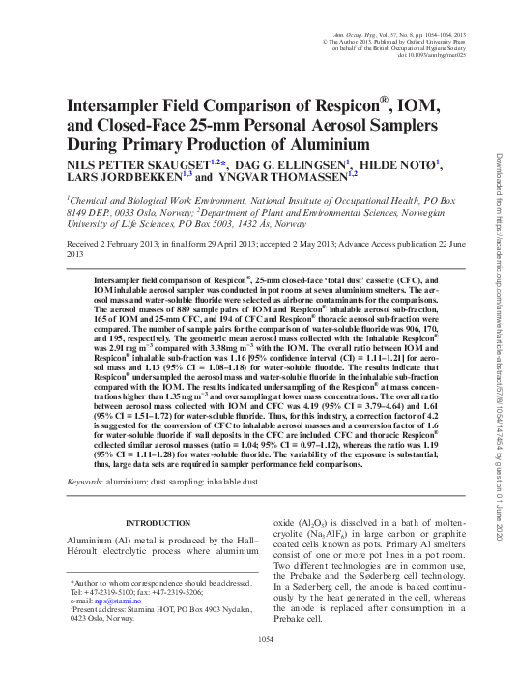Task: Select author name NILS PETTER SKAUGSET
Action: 129,165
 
